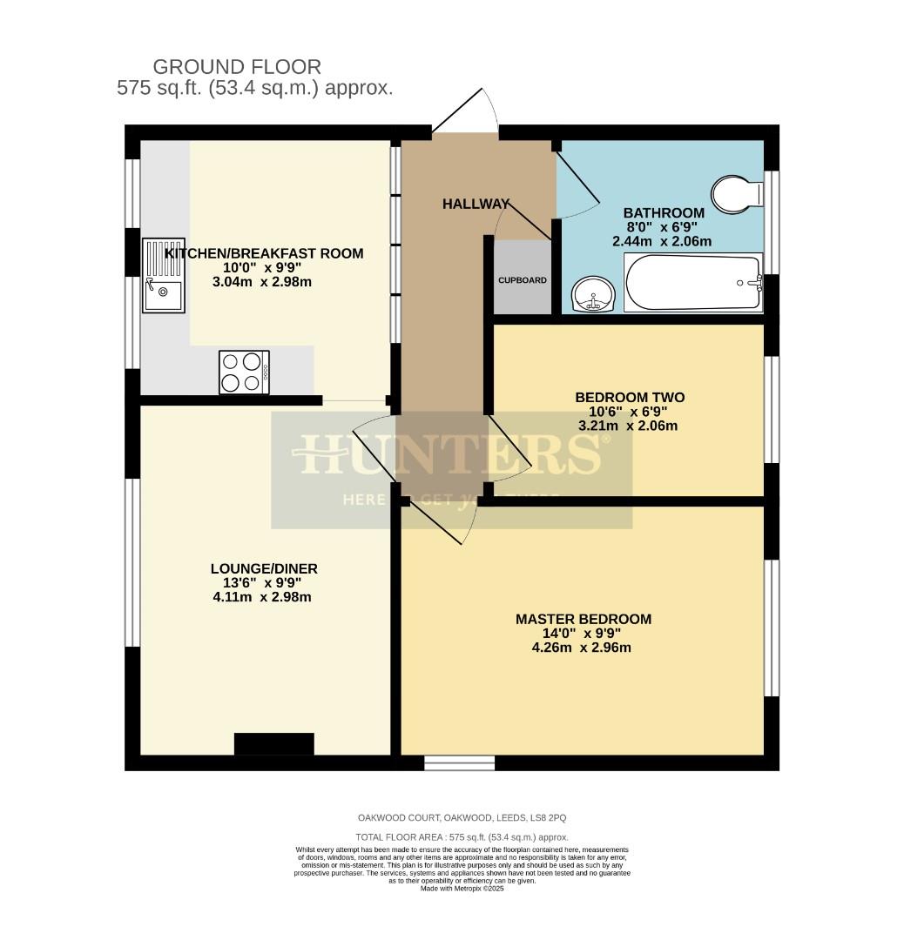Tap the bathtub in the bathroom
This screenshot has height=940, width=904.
tap(693, 282)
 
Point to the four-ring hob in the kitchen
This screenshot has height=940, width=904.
tap(244, 372)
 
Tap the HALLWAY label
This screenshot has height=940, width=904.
tap(476, 204)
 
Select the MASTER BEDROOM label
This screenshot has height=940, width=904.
tap(584, 619)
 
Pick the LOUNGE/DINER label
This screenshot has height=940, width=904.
tap(264, 568)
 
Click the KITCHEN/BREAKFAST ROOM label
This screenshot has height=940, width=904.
tap(264, 253)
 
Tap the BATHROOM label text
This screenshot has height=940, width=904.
tap(664, 212)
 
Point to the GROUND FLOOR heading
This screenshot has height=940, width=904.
tap(237, 66)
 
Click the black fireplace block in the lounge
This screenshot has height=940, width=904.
tap(274, 744)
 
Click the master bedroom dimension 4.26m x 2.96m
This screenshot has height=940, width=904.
tap(584, 648)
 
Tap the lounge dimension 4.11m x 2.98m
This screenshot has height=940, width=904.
tap(264, 597)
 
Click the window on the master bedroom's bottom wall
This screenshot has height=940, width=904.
tap(460, 763)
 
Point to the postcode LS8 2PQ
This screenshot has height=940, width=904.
tap(547, 818)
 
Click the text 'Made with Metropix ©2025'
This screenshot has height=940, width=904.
tap(462, 889)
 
